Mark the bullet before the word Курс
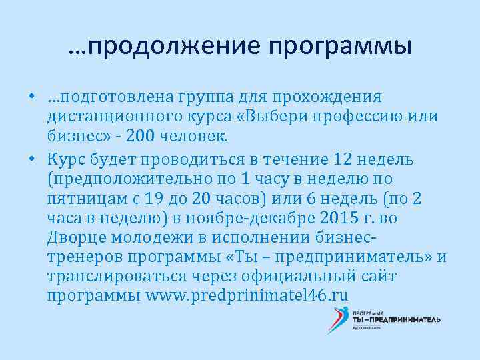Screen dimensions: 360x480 pyautogui.click(x=31, y=159)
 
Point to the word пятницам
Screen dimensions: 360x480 pyautogui.click(x=83, y=198)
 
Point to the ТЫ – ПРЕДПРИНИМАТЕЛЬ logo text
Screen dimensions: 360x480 pyautogui.click(x=396, y=319)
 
